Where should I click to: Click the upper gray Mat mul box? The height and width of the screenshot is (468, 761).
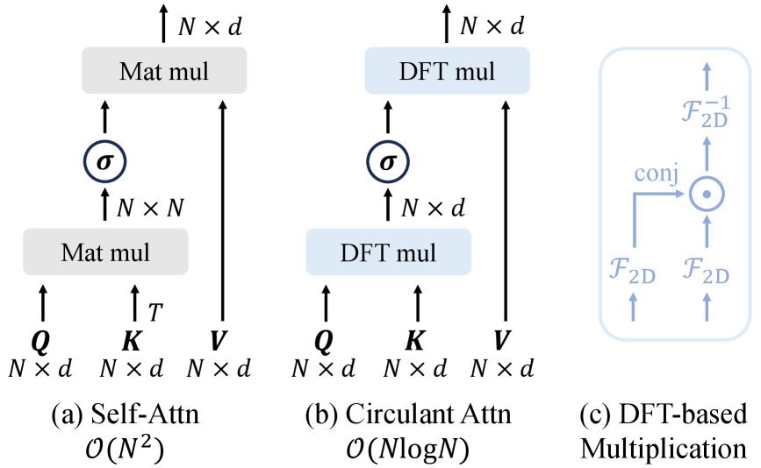tap(165, 71)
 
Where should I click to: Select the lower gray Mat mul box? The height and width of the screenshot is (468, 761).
tap(105, 252)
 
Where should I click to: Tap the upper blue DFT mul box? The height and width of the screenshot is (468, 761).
tap(448, 71)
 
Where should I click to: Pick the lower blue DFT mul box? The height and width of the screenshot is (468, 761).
tap(388, 252)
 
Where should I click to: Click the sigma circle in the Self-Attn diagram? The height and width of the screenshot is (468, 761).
tap(105, 162)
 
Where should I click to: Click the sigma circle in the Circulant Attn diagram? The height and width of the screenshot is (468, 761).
tap(388, 162)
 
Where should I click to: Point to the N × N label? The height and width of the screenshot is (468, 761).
tap(150, 209)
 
